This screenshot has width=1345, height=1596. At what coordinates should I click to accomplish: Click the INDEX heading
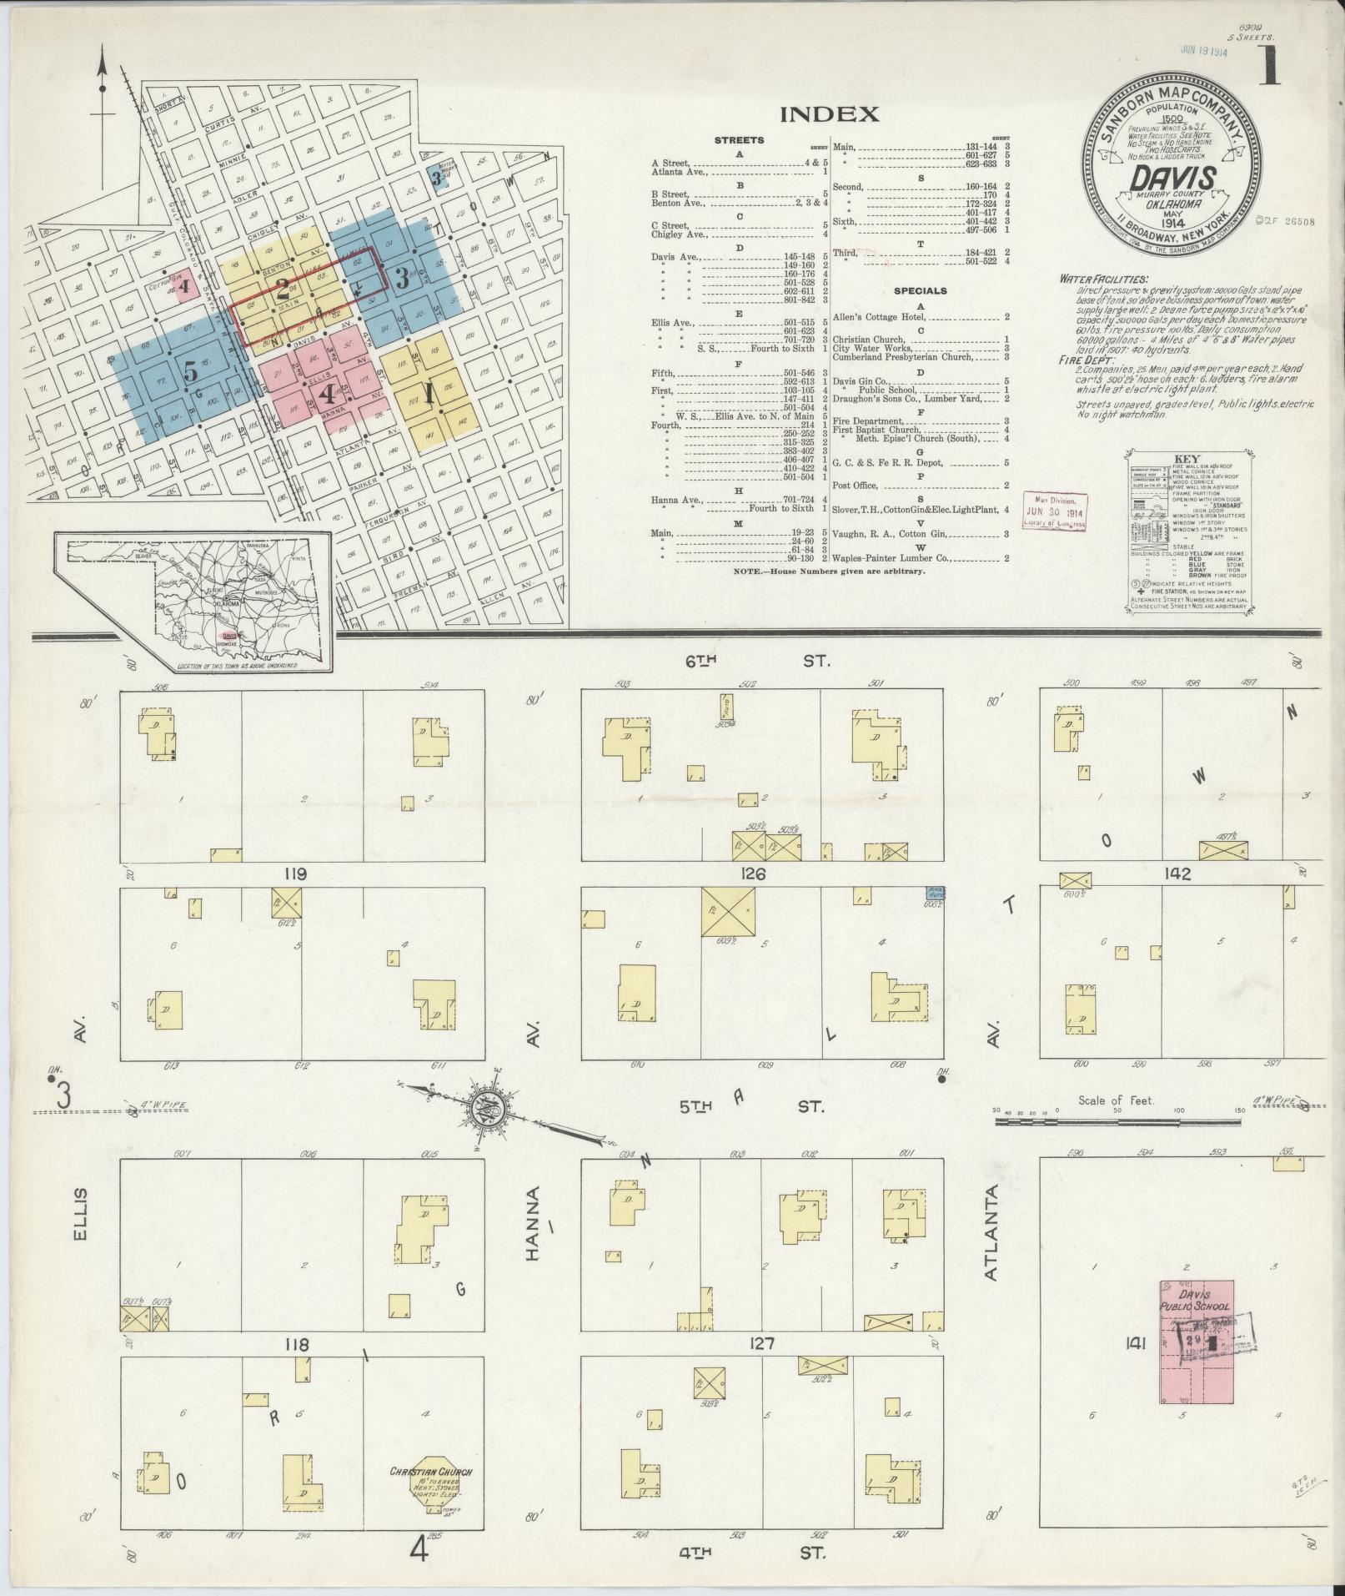click(829, 114)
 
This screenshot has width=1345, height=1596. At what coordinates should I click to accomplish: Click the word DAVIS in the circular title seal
click(1172, 178)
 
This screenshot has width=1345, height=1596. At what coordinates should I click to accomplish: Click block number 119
click(296, 874)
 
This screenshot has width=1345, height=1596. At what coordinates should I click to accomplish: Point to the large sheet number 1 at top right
click(1268, 66)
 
